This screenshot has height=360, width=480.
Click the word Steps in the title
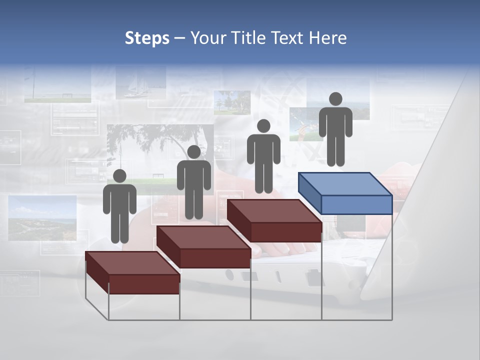[x=147, y=38]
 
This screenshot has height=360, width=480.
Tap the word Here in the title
[x=328, y=38]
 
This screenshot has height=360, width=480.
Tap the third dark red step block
[x=274, y=218]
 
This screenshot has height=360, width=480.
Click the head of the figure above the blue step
[x=335, y=99]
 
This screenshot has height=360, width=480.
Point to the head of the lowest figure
[x=119, y=176]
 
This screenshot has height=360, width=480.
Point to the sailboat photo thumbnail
[x=133, y=85]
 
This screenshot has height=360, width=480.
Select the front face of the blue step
[x=356, y=204]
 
